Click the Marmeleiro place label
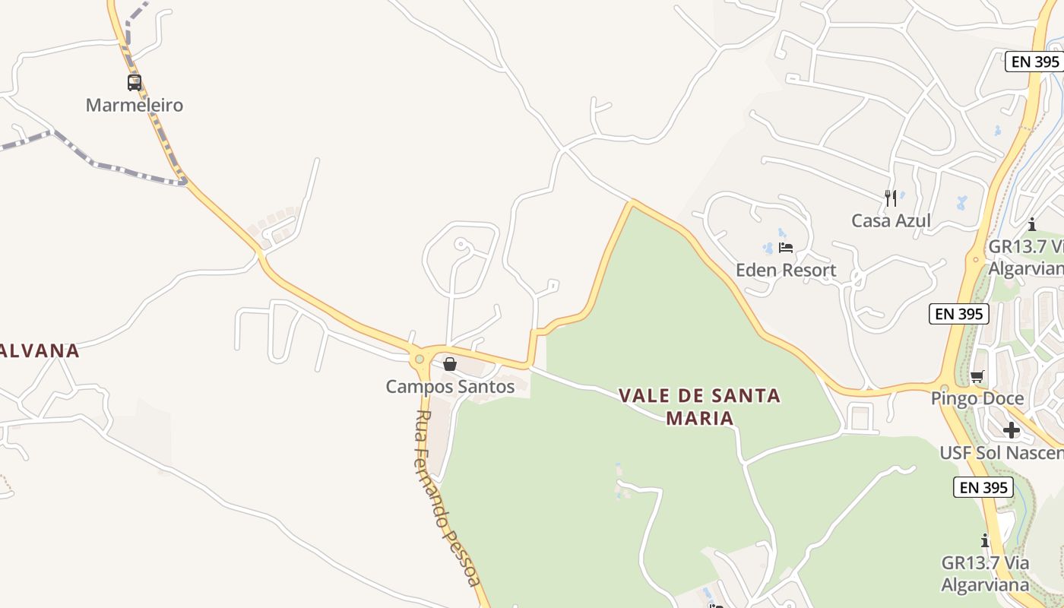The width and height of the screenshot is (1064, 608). (135, 105)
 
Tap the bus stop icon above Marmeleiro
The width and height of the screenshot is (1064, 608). (135, 82)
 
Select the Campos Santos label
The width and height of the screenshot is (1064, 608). (450, 386)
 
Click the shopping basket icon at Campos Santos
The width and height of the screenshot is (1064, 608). (450, 364)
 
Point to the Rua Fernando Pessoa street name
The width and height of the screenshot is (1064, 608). (448, 498)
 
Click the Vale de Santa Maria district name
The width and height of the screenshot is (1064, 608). (699, 406)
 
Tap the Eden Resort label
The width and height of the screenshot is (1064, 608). (785, 270)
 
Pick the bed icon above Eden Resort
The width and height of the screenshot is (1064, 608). (786, 248)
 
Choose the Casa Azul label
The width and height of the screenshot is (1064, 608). (891, 220)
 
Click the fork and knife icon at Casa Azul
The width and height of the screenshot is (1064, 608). (891, 198)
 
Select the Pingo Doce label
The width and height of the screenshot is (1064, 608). (977, 398)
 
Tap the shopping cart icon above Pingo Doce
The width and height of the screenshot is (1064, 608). (977, 376)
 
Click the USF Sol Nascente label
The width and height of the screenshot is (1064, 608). (1001, 453)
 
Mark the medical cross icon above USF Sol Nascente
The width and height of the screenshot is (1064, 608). (1011, 430)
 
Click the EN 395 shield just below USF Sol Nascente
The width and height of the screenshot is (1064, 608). (983, 487)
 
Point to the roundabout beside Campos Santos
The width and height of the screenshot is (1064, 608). (419, 359)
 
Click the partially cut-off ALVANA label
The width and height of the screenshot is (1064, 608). (40, 350)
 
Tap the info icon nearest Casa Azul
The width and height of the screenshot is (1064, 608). (1031, 224)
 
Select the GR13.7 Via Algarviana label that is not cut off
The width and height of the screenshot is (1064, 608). (985, 573)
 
